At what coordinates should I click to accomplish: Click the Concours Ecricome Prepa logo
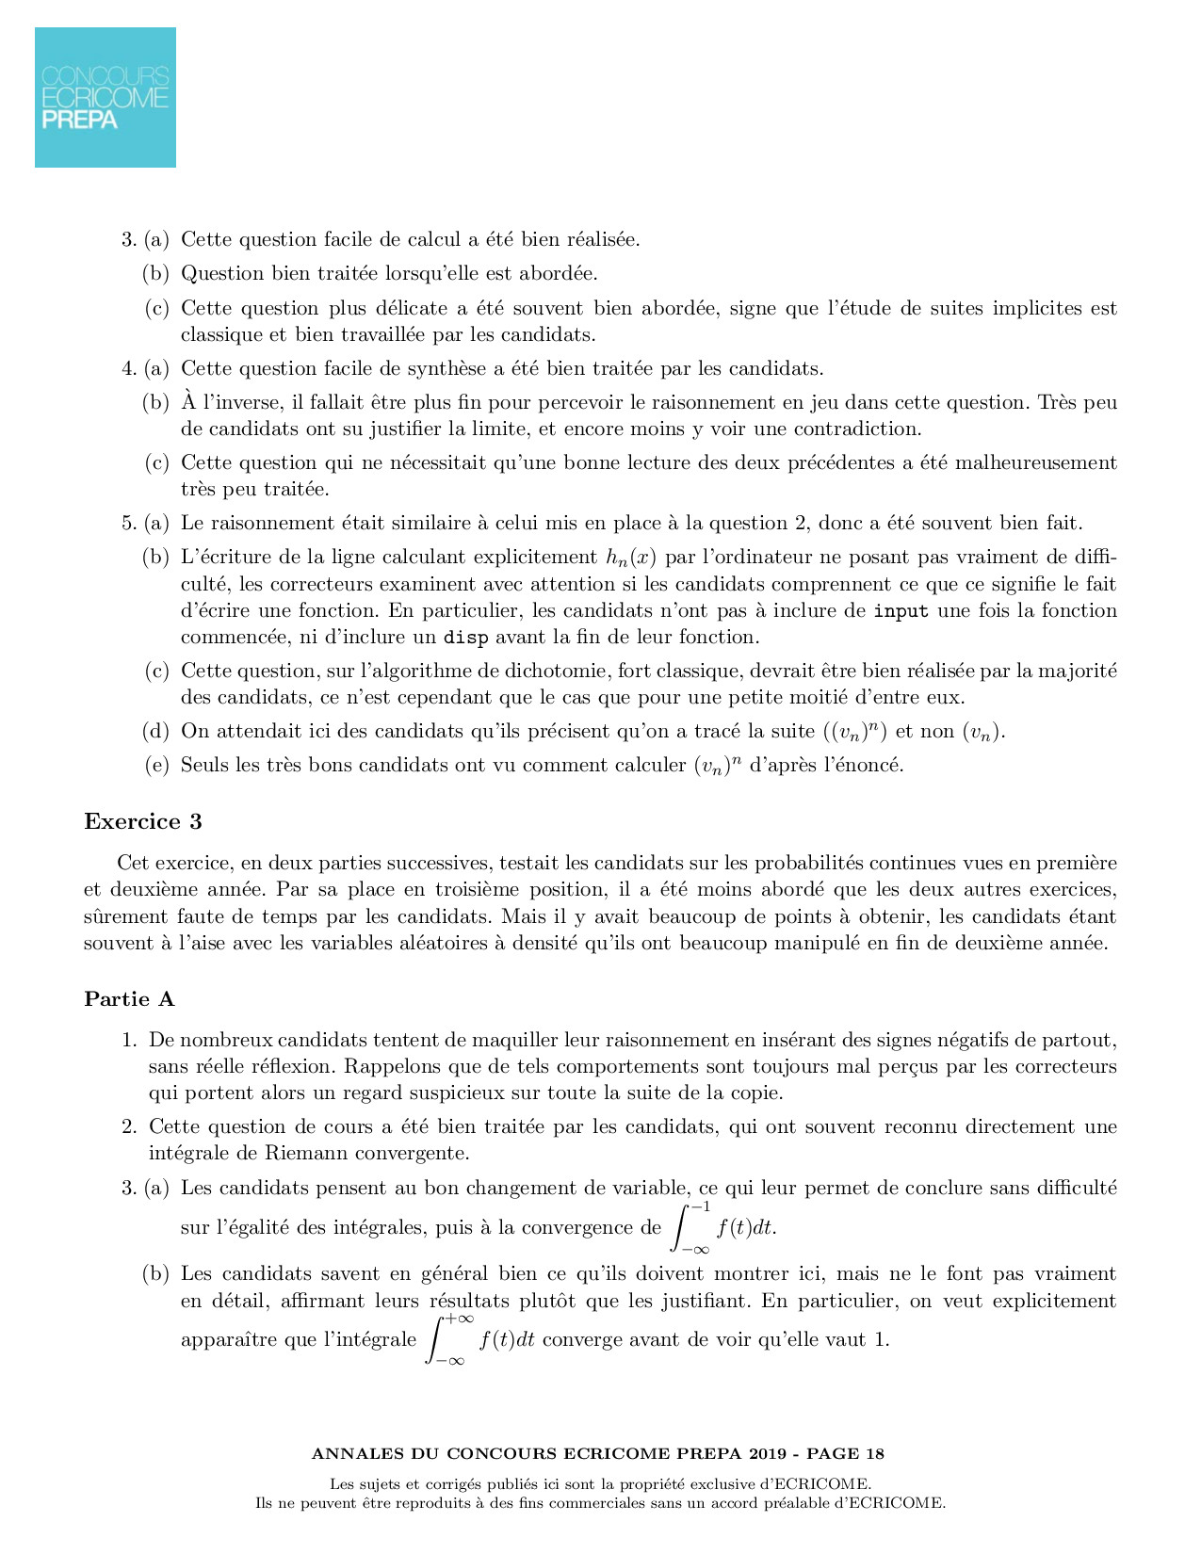(105, 97)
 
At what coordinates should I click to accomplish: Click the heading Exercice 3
(143, 821)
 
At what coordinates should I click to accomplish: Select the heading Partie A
(129, 999)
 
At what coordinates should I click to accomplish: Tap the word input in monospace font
(901, 611)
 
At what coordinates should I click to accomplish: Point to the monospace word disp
(465, 638)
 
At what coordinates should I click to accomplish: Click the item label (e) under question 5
(156, 765)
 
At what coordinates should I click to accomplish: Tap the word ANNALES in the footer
(357, 1453)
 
